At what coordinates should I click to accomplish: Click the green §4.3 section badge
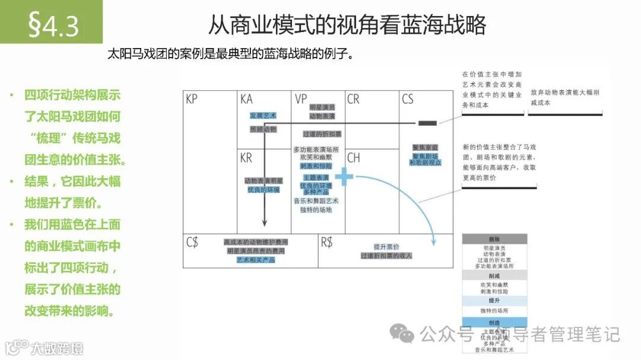(x=52, y=24)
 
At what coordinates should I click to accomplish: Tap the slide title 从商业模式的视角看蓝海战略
(x=347, y=24)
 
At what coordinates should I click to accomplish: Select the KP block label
(x=192, y=100)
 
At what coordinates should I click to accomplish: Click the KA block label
(x=246, y=100)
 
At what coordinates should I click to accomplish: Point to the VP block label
(x=300, y=100)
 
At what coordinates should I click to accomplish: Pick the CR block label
(x=354, y=100)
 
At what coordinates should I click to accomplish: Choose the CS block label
(x=408, y=100)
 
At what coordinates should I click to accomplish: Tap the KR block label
(x=246, y=158)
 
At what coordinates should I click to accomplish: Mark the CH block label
(x=354, y=158)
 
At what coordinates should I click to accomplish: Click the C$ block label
(x=192, y=242)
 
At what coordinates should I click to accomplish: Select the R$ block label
(x=327, y=242)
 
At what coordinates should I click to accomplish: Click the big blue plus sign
(x=344, y=176)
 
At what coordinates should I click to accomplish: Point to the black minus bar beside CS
(x=427, y=123)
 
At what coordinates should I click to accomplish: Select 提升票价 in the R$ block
(x=386, y=247)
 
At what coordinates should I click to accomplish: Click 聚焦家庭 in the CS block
(x=425, y=147)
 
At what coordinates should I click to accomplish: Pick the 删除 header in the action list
(x=494, y=238)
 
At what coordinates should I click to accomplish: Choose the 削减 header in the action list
(x=494, y=276)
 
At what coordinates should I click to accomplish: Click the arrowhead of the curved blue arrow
(x=434, y=241)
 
